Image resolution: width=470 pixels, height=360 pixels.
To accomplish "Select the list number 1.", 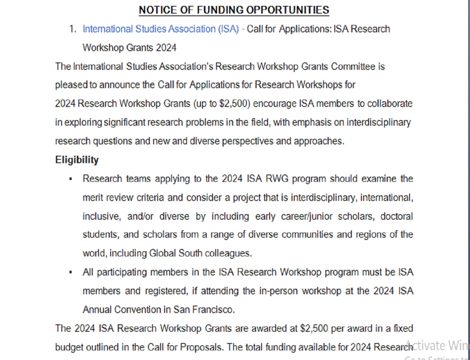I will (x=72, y=29).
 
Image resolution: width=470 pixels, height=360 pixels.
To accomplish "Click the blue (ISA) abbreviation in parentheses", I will (x=228, y=29).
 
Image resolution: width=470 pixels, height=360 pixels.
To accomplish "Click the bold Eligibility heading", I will (x=77, y=160).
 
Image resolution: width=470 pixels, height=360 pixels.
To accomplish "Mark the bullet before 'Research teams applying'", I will (x=70, y=179).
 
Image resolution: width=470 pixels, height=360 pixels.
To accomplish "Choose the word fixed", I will (x=403, y=328).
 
